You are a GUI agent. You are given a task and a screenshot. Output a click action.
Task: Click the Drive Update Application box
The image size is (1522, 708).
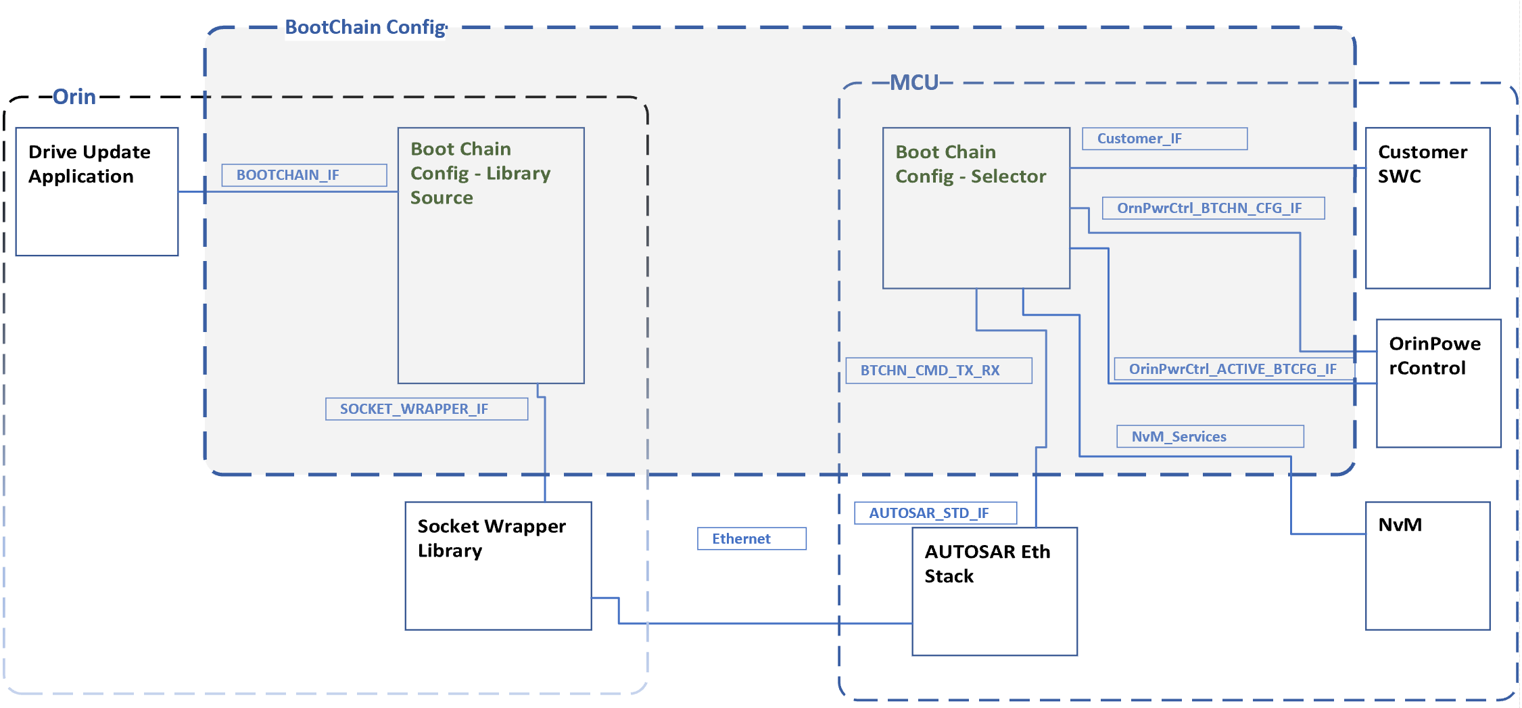(x=97, y=191)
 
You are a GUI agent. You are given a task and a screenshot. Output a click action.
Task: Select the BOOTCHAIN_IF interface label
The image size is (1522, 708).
(x=304, y=175)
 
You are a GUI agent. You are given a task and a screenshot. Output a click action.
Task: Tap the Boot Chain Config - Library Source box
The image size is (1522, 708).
(x=491, y=256)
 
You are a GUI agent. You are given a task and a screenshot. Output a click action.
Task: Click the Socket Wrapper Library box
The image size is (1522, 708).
(x=498, y=566)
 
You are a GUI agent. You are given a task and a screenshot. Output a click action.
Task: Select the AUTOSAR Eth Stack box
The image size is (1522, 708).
(x=994, y=592)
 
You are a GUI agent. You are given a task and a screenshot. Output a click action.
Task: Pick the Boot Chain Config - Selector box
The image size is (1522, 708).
(x=976, y=208)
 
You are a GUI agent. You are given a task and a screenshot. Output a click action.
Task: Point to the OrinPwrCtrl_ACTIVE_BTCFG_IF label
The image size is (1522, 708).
(x=1233, y=369)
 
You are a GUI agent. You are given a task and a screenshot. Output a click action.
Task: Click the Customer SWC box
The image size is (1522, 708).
(x=1427, y=208)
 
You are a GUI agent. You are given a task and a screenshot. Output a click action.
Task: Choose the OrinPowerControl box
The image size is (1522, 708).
(x=1438, y=383)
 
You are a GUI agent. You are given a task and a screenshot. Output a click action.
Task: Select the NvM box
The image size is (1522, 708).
(x=1427, y=566)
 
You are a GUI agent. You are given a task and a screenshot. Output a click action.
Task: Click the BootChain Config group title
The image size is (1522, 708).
(x=366, y=27)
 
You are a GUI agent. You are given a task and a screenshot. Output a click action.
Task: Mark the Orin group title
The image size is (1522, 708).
(x=74, y=97)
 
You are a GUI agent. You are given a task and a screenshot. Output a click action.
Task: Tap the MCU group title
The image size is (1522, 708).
(x=913, y=82)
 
